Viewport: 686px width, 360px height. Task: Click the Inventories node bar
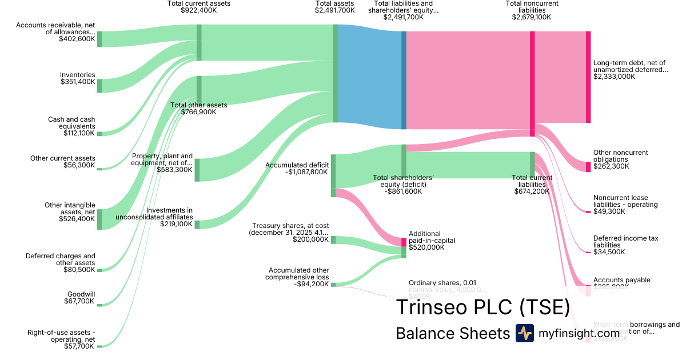99,86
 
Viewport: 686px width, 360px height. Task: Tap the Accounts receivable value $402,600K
77,39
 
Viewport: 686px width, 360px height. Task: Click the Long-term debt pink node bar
588,77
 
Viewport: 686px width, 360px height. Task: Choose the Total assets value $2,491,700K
334,10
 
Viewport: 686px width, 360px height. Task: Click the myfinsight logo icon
524,333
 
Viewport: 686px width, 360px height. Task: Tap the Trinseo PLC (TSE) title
482,307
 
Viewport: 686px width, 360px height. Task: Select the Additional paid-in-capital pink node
404,242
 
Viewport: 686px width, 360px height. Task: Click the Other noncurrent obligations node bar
588,167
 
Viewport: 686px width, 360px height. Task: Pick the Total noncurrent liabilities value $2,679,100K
532,17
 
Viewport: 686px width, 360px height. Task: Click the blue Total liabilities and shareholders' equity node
404,80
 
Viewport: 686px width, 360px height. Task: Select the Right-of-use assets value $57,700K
79,346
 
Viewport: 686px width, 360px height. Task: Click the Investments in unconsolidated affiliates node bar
197,225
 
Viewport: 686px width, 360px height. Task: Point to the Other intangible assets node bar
99,219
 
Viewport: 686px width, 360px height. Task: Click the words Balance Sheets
452,333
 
